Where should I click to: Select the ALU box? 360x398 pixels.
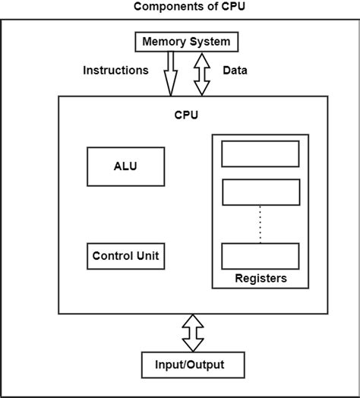click(125, 166)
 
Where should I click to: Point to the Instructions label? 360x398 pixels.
click(115, 71)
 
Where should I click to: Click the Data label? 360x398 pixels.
click(235, 71)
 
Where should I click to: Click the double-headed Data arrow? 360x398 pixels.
click(201, 74)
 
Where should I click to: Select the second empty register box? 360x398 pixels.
click(260, 191)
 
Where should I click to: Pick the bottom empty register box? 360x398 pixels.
click(260, 255)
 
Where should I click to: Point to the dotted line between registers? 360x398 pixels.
click(260, 223)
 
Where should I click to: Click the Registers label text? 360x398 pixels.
click(260, 279)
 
